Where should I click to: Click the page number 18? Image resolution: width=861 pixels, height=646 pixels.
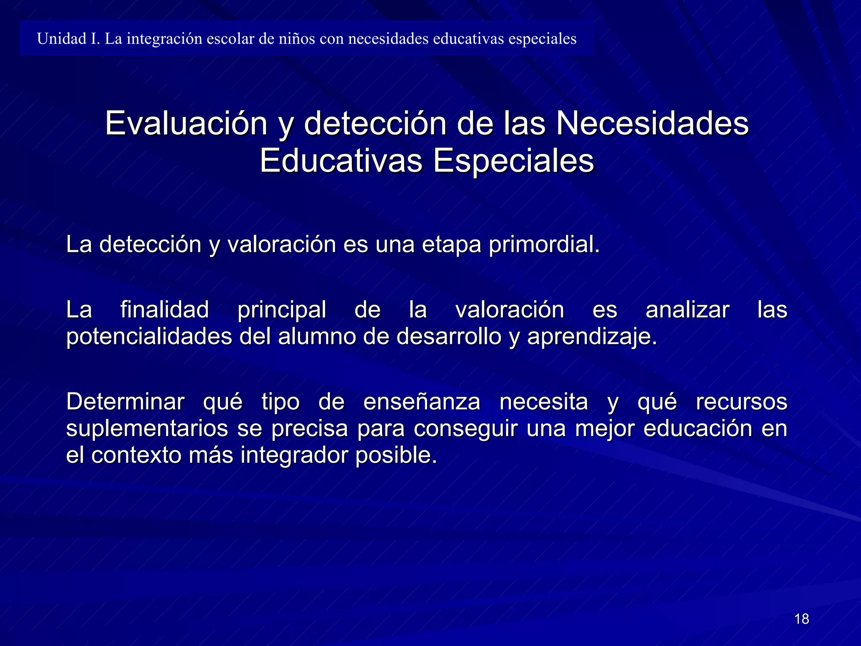[x=802, y=619]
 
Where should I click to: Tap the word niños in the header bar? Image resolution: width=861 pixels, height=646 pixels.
[x=296, y=39]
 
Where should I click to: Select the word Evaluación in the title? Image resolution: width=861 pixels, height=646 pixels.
[x=186, y=123]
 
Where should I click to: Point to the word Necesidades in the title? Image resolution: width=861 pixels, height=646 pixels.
[x=652, y=123]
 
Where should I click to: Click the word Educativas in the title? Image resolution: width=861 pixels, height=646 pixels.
[x=341, y=161]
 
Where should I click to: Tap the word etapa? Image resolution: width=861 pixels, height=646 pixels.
[x=451, y=244]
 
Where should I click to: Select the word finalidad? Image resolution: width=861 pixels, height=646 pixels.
[x=164, y=310]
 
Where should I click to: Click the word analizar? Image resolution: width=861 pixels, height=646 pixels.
[x=687, y=310]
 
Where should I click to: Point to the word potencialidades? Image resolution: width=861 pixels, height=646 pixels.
[x=149, y=336]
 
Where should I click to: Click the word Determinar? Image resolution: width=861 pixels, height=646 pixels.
[x=125, y=402]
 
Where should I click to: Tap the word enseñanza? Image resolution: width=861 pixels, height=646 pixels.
[x=422, y=402]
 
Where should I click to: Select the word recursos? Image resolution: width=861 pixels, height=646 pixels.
[x=742, y=402]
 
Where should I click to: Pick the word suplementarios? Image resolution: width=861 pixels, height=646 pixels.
[x=147, y=429]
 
